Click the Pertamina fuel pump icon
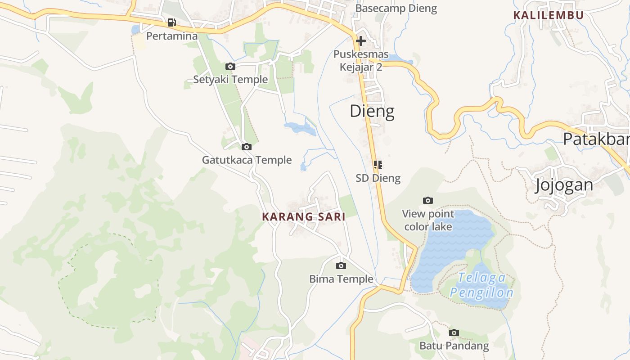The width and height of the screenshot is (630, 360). [x=171, y=22]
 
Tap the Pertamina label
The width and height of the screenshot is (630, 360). [x=172, y=36]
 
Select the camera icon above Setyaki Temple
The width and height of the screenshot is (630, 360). [x=230, y=66]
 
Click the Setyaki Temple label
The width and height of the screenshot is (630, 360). [x=230, y=80]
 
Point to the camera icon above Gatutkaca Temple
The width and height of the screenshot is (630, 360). [x=246, y=147]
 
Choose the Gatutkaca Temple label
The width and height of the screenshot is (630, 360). [x=247, y=160]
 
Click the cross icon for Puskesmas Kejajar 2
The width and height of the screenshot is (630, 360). [x=360, y=41]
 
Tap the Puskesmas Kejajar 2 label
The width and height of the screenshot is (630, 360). [x=361, y=61]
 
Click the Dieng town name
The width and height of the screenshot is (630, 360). [x=372, y=111]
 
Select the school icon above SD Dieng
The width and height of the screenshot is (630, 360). [x=378, y=165]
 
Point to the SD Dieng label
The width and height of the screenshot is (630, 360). [x=378, y=178]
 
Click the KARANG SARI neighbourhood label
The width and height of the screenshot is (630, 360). [x=304, y=217]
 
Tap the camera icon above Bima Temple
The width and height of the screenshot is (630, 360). [x=341, y=265]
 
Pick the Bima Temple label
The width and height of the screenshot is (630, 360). [x=341, y=279]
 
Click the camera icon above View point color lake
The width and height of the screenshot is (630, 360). [x=428, y=200]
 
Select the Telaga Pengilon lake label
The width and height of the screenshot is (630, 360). [x=481, y=286]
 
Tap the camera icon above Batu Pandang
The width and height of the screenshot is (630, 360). [x=454, y=333]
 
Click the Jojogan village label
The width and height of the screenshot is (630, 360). [x=564, y=185]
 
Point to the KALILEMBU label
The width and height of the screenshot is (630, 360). [x=549, y=15]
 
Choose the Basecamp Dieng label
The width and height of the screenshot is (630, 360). [x=396, y=9]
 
